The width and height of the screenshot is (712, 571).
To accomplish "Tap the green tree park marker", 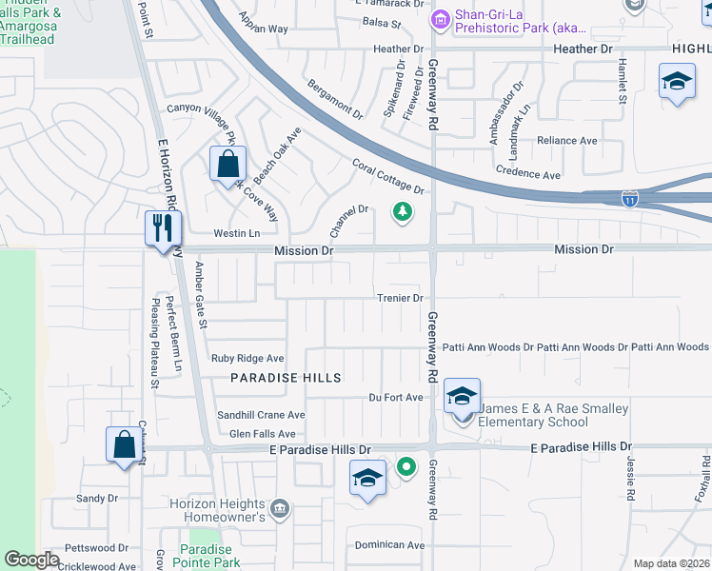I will pos(403,211).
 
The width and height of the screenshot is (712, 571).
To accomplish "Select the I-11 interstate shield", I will pos(630,200).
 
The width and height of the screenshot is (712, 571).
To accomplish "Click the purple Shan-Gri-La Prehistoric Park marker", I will pos(441,18).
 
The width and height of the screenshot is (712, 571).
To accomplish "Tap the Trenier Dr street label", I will pos(400,298).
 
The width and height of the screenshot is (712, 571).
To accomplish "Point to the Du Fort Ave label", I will pos(395,397).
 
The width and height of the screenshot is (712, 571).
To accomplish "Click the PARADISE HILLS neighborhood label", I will pos(286,378).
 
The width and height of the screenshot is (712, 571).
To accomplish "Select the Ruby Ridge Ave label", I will pos(247,359).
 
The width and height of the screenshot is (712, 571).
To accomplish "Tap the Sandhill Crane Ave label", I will pos(260,415).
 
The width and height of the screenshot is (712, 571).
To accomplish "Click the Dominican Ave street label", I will pos(388,545).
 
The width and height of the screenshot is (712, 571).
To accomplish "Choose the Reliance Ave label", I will pos(567,141).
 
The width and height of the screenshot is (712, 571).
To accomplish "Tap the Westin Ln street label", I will pos(236,233).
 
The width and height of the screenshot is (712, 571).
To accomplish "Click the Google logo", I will pos(32,560).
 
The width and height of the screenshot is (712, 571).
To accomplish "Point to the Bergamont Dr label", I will pos(335,99).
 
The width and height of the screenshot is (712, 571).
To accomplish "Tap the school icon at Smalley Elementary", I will pos(462,396).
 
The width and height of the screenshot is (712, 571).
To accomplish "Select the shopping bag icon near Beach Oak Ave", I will pos(228,164).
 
